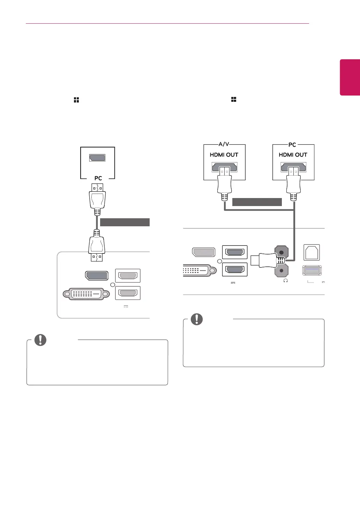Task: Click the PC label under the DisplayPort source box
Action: (x=98, y=178)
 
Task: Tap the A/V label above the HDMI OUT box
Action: (x=224, y=144)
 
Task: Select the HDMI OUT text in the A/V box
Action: (x=224, y=155)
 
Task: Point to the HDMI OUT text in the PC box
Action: (x=293, y=155)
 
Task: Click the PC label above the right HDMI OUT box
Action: (x=292, y=144)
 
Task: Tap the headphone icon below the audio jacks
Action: (x=285, y=281)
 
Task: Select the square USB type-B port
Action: (x=312, y=252)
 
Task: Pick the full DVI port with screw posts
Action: (x=86, y=294)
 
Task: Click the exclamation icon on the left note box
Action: (x=40, y=340)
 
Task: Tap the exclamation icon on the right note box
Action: (x=197, y=319)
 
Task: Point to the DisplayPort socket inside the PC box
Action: (x=97, y=158)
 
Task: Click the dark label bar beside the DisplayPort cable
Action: (x=125, y=222)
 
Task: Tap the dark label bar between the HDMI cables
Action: (x=257, y=202)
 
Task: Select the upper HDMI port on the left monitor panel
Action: (x=128, y=275)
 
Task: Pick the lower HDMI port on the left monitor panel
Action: (x=128, y=293)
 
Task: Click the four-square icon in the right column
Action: (x=234, y=99)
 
